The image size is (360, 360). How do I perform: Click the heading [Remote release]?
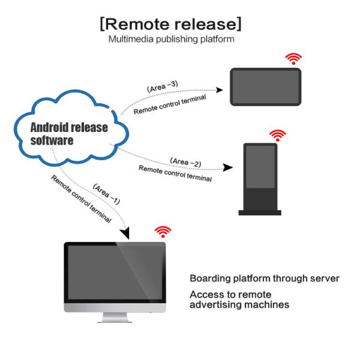click(171, 24)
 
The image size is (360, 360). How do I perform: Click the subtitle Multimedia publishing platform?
click(171, 40)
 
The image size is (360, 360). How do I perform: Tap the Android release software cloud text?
click(69, 134)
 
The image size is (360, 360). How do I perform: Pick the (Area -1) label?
click(107, 193)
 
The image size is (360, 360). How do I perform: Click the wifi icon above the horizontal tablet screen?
click(293, 58)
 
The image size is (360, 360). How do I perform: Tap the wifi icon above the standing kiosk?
click(277, 135)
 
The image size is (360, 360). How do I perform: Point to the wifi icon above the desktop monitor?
click(163, 232)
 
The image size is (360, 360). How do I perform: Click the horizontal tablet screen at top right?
click(265, 87)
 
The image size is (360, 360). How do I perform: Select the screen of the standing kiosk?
click(260, 174)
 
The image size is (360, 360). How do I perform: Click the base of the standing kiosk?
click(260, 212)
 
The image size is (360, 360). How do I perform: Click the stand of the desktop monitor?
click(116, 317)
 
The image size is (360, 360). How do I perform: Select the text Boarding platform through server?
click(265, 278)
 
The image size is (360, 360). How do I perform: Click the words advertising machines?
click(239, 305)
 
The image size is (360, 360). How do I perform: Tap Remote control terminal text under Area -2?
click(175, 173)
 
